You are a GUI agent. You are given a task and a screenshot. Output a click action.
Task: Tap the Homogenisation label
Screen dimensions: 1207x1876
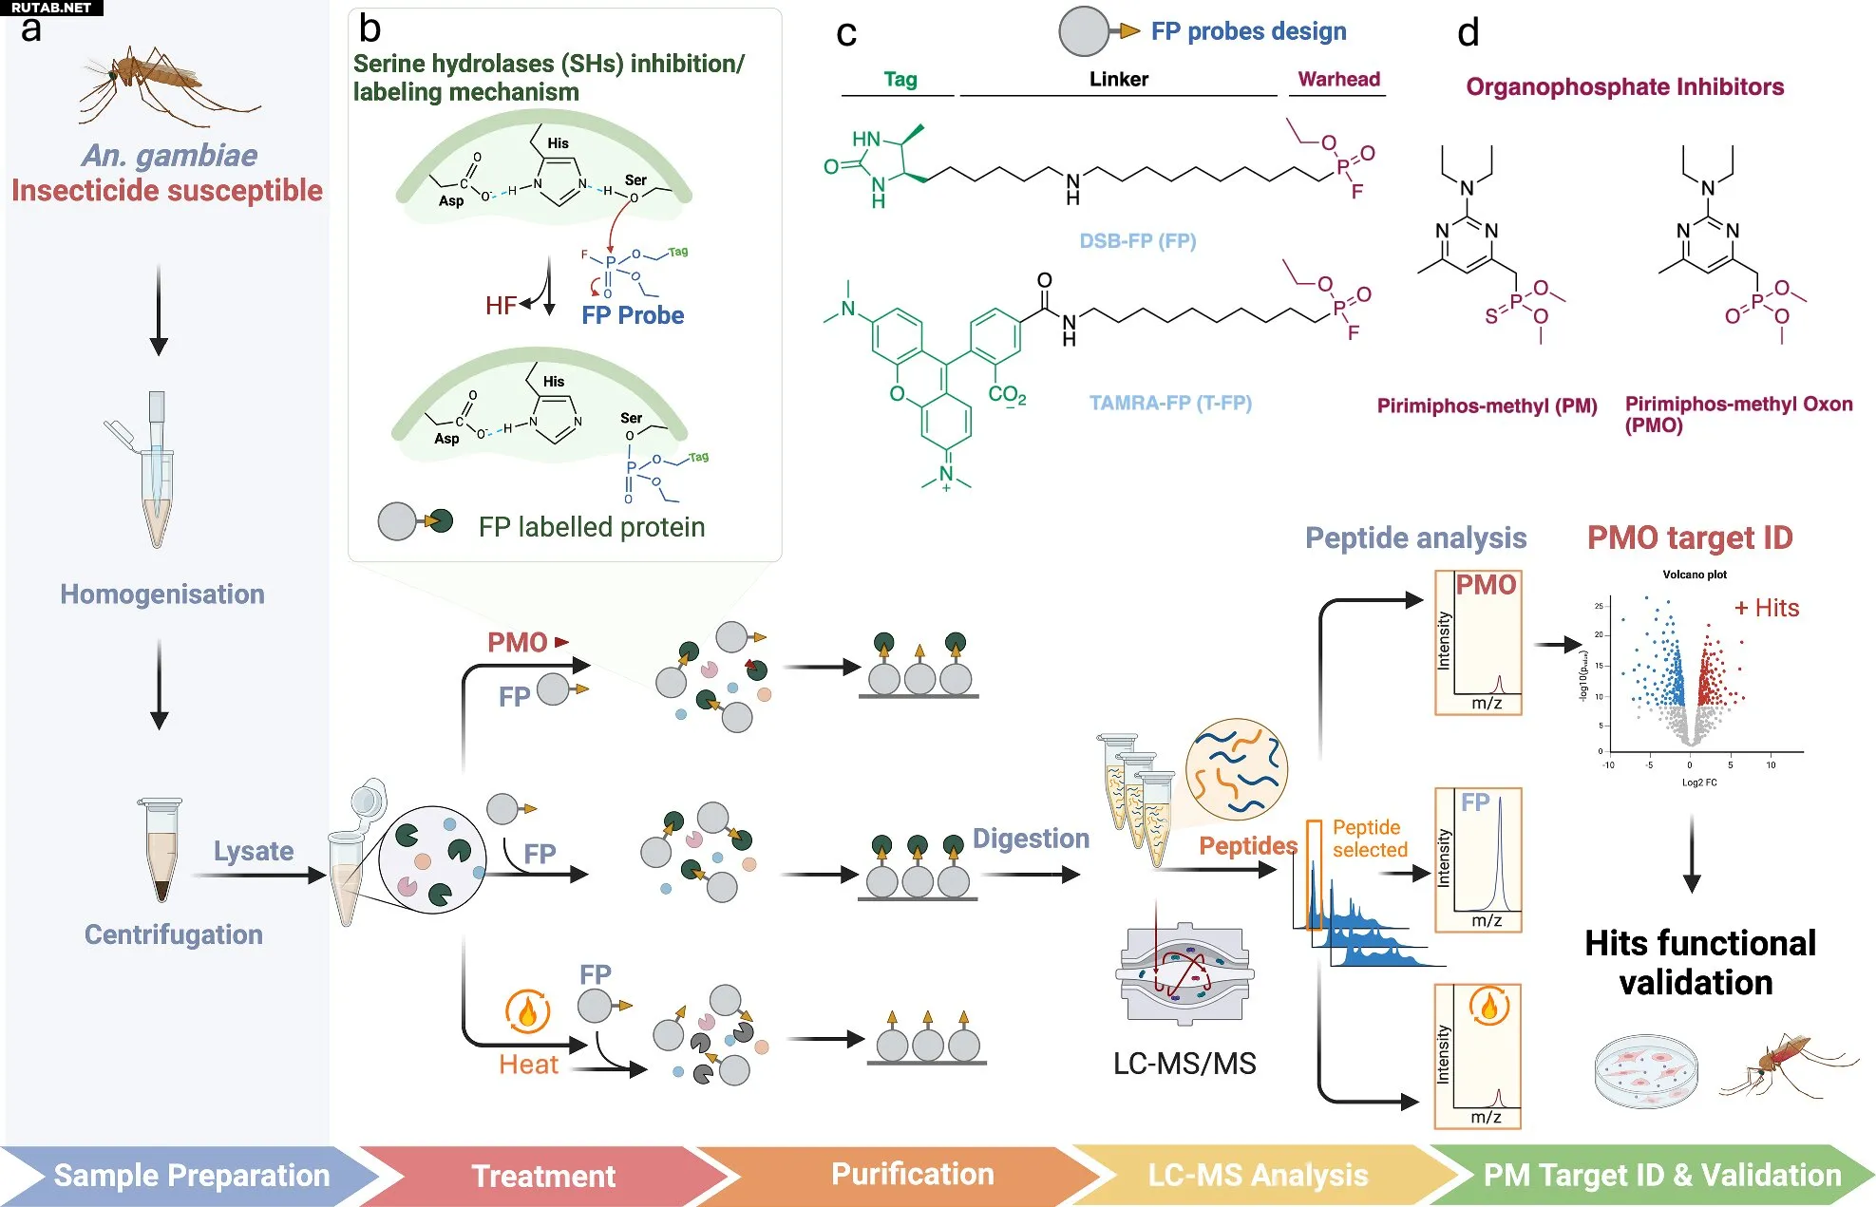[x=162, y=594]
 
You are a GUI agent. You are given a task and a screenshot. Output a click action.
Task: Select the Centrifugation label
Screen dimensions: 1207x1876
[x=174, y=934]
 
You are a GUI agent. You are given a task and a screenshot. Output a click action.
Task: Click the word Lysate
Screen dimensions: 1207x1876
[x=254, y=851]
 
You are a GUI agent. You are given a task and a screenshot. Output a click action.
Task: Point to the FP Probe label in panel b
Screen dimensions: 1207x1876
[x=633, y=315]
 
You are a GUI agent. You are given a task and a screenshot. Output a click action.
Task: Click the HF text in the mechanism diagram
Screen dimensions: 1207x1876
[x=501, y=306]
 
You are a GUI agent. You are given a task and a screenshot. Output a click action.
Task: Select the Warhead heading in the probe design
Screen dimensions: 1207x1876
[x=1338, y=80]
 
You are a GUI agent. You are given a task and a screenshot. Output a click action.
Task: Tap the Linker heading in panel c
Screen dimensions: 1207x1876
[x=1118, y=80]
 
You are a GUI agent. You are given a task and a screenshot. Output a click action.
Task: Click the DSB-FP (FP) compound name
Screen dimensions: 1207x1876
[x=1137, y=241]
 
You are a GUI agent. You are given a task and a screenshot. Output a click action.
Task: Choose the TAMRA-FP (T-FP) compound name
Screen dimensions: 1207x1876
[x=1170, y=403]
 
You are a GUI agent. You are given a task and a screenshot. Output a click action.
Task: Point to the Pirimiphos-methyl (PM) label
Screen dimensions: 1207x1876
[x=1487, y=406]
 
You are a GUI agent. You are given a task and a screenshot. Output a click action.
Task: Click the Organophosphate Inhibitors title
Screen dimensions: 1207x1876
[x=1624, y=87]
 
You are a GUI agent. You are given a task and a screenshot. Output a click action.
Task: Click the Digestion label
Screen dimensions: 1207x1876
[x=1031, y=839]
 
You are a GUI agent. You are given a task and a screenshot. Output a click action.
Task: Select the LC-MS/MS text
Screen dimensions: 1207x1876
[x=1184, y=1064]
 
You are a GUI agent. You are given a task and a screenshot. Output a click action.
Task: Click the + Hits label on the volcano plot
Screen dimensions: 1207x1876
[x=1767, y=608]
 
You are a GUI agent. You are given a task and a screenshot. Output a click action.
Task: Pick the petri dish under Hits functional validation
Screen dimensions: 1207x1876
[x=1645, y=1071]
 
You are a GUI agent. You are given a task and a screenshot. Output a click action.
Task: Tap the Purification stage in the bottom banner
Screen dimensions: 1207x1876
[x=912, y=1175]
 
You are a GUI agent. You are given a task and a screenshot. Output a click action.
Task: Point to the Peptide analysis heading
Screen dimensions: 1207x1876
[x=1415, y=538]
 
